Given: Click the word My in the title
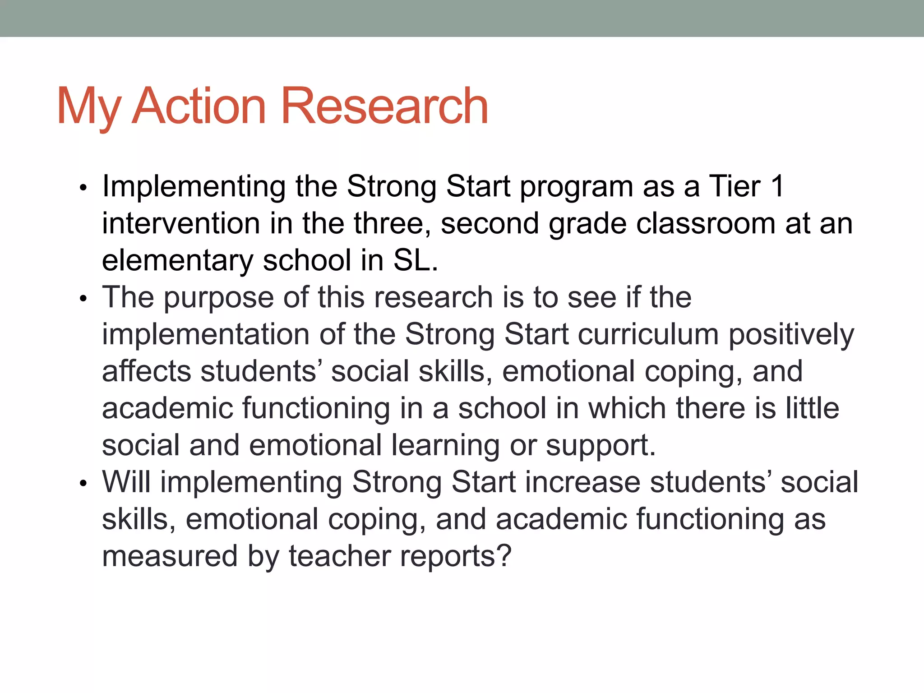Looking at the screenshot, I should point(88,107).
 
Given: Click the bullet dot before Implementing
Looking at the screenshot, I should point(83,188).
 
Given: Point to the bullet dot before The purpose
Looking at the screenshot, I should point(83,299).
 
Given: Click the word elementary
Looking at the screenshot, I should point(178,261).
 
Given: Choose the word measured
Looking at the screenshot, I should point(170,556).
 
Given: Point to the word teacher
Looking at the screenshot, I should point(339,556).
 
